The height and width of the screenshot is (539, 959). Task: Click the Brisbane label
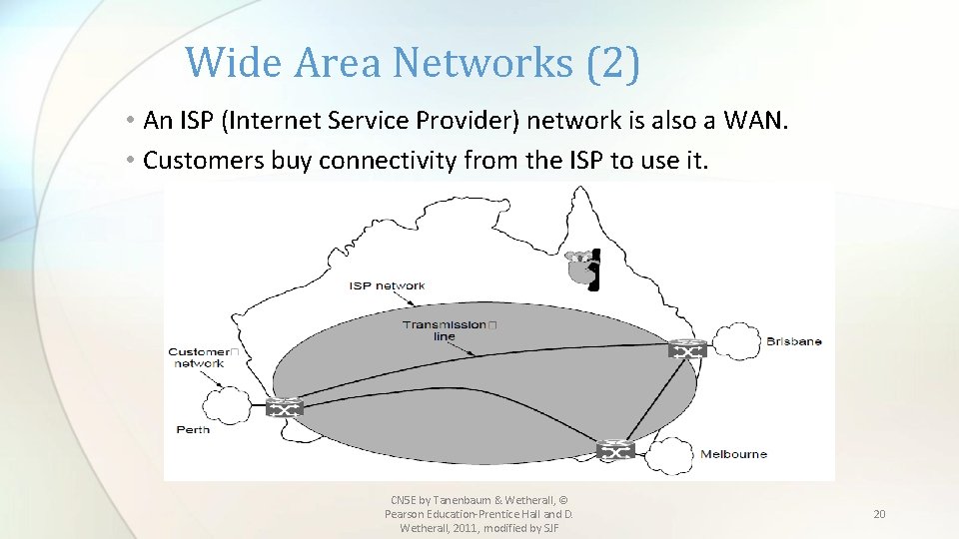tap(793, 341)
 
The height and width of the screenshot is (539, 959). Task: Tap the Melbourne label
tap(733, 454)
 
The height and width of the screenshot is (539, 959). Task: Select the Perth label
tap(193, 429)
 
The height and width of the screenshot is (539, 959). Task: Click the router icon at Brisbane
tap(688, 348)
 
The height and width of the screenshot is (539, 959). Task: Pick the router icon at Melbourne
tap(615, 451)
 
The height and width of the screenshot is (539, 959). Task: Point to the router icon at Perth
tap(285, 408)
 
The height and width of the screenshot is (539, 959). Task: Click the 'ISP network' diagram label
tap(387, 285)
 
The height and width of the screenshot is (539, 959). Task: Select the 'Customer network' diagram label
tap(200, 357)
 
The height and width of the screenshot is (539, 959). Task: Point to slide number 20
tap(879, 514)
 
